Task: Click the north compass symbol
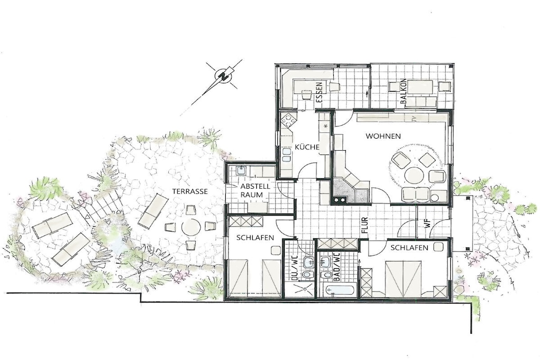point(224,76)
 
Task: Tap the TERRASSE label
point(190,191)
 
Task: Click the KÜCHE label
point(307,147)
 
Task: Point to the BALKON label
point(403,92)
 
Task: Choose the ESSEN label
point(319,93)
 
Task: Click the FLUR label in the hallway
point(365,226)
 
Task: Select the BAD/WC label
point(336,267)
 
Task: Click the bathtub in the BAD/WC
point(340,291)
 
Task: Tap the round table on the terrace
point(191,228)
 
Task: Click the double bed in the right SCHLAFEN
point(403,278)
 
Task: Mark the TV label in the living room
point(414,119)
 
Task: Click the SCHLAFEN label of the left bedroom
point(255,238)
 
